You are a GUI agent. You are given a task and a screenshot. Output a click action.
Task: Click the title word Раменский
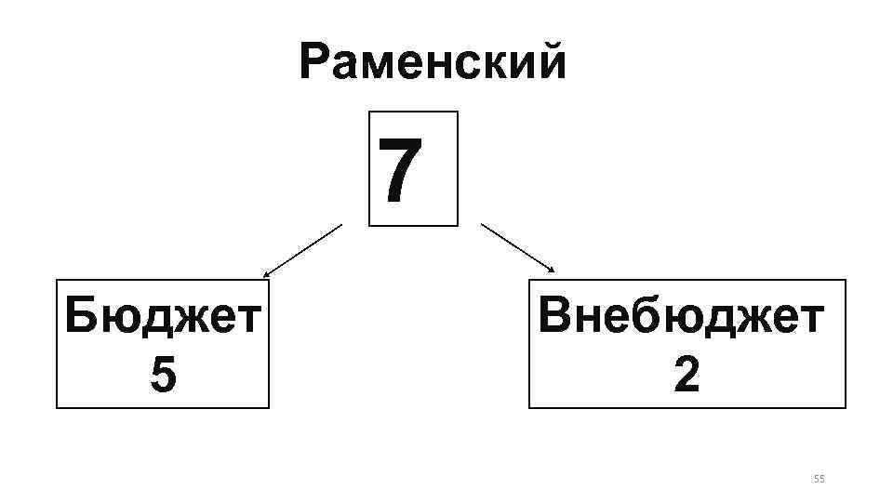point(433,63)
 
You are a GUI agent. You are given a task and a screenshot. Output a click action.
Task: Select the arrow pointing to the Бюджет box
point(302,251)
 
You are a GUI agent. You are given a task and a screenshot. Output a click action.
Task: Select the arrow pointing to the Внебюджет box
point(517,247)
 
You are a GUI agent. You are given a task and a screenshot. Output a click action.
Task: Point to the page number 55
point(819,479)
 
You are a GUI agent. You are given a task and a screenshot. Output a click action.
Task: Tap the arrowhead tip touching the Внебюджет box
point(554,272)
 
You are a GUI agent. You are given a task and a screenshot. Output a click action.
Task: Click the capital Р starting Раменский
point(313,63)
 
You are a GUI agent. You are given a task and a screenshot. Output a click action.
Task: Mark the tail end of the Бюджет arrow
point(341,224)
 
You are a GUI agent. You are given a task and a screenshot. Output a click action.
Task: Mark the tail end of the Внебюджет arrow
point(481,223)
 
